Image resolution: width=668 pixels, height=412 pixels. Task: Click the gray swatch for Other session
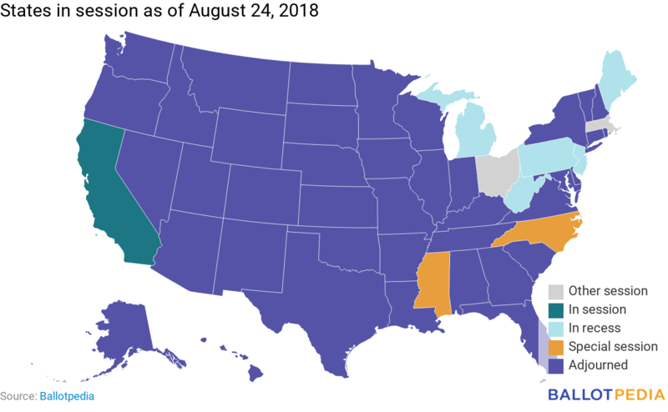pos(555,291)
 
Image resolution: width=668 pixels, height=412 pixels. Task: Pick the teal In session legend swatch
pos(555,309)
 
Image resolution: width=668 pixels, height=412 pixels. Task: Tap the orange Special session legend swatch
pos(555,346)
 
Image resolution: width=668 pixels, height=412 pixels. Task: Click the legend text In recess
pos(595,328)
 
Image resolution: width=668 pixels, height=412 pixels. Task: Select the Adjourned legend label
pos(598,364)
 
